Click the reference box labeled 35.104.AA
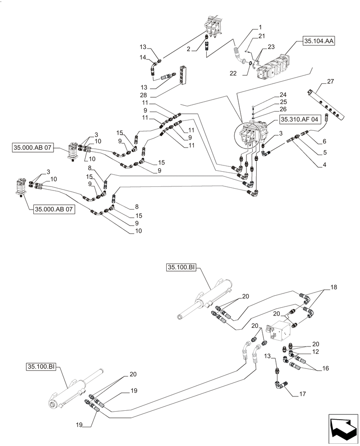[319, 41]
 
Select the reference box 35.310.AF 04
[299, 120]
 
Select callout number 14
[143, 57]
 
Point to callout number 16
[325, 369]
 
